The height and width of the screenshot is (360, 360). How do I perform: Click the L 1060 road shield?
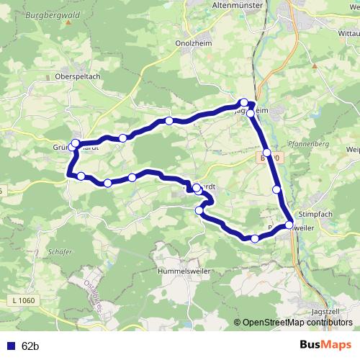pyautogui.click(x=22, y=300)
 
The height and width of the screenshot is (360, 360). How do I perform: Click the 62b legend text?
pyautogui.click(x=30, y=346)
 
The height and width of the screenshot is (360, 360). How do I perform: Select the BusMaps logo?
pyautogui.click(x=325, y=346)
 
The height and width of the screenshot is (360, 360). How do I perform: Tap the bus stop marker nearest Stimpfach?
pyautogui.click(x=289, y=225)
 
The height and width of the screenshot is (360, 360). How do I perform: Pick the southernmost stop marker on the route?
pyautogui.click(x=255, y=238)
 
